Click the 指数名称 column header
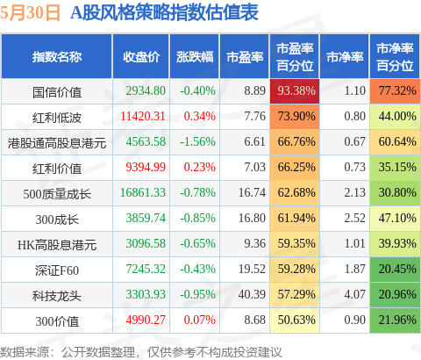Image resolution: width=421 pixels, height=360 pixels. pyautogui.click(x=57, y=57)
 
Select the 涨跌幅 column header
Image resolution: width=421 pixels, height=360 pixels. pyautogui.click(x=195, y=57)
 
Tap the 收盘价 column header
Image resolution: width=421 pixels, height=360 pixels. pyautogui.click(x=141, y=57)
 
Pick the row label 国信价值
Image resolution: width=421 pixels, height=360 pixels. pyautogui.click(x=57, y=92)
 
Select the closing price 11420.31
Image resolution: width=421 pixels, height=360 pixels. pyautogui.click(x=143, y=116)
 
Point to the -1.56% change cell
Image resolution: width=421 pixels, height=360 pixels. pyautogui.click(x=197, y=141)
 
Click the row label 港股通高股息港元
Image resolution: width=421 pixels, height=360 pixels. pyautogui.click(x=57, y=143)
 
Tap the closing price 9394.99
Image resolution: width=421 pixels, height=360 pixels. pyautogui.click(x=146, y=167)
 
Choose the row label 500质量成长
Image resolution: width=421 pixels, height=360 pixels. pyautogui.click(x=57, y=194)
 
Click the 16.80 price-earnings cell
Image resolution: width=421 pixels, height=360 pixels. pyautogui.click(x=252, y=218)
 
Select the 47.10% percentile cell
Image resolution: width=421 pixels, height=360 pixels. pyautogui.click(x=397, y=218)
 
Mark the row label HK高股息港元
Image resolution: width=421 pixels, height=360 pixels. pyautogui.click(x=57, y=245)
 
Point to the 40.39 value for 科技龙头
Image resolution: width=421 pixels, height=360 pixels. pyautogui.click(x=252, y=294)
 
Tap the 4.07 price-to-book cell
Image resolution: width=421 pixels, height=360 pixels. pyautogui.click(x=354, y=294)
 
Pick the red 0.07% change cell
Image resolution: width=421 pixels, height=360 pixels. pyautogui.click(x=200, y=320)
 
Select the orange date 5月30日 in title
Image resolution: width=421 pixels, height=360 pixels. pyautogui.click(x=30, y=13)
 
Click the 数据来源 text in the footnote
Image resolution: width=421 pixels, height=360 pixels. pyautogui.click(x=25, y=352)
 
